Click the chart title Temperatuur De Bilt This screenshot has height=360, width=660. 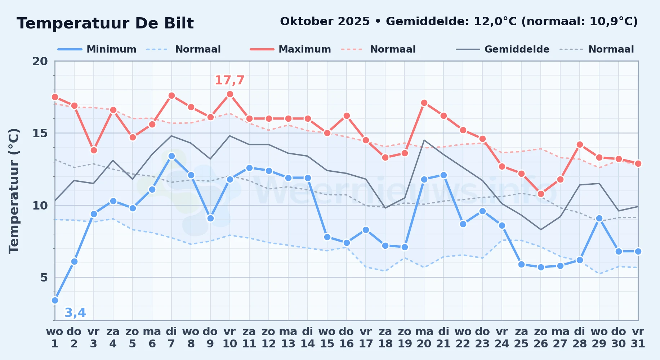click(105, 23)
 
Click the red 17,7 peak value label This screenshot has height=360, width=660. click(229, 80)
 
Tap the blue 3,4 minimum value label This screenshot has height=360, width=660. click(75, 312)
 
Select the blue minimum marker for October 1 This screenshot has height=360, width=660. click(55, 300)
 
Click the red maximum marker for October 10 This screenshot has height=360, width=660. click(230, 94)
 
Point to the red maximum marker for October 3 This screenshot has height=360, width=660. click(94, 150)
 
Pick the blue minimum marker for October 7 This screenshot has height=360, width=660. click(171, 156)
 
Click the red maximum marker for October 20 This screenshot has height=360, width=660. click(424, 103)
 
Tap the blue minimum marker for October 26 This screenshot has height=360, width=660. click(541, 267)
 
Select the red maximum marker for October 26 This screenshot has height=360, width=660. click(541, 194)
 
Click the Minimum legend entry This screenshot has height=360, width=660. click(97, 49)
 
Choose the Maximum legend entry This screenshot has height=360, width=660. click(290, 49)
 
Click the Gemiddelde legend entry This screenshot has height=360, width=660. click(503, 49)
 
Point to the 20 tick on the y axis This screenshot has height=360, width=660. click(40, 61)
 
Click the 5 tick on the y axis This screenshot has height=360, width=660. click(44, 278)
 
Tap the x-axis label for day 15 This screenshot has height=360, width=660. click(327, 338)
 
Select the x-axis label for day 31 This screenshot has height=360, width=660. click(638, 338)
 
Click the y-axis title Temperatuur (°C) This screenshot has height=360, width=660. click(14, 191)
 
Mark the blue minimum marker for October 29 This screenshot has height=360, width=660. click(599, 218)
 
